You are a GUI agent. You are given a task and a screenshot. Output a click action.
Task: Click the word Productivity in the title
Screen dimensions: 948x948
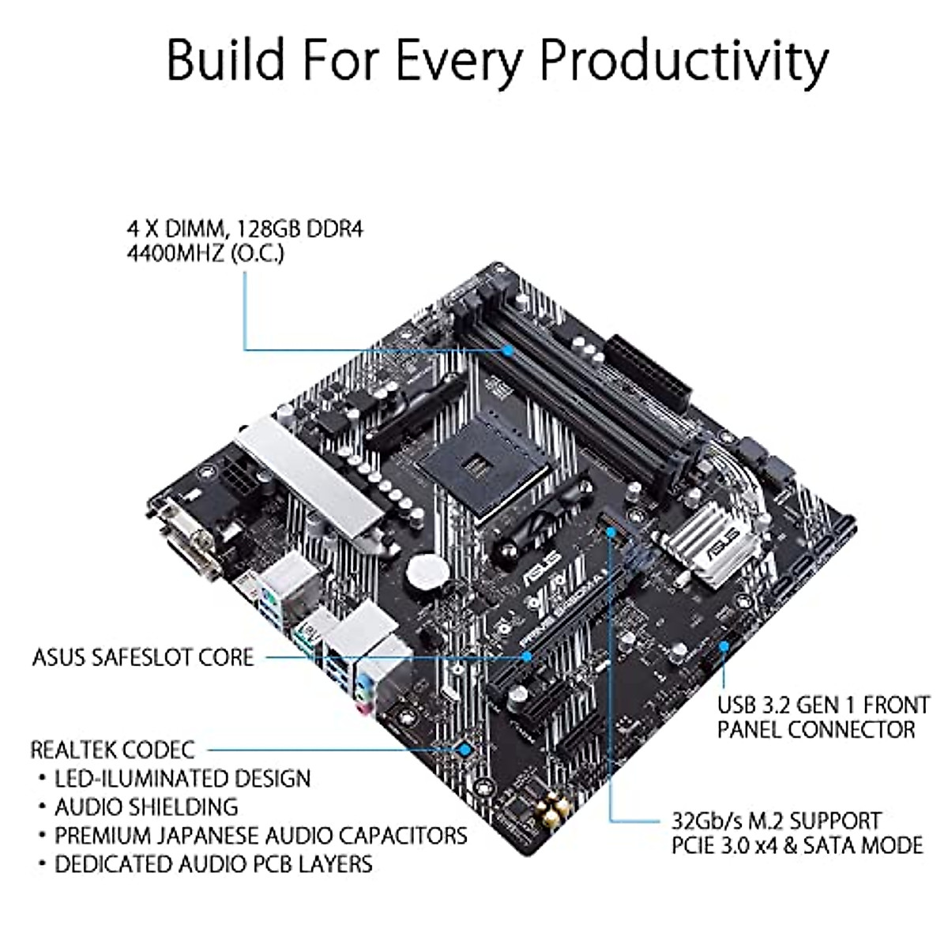coord(684,59)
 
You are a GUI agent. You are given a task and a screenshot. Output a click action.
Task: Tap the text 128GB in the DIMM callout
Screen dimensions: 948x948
coord(279,229)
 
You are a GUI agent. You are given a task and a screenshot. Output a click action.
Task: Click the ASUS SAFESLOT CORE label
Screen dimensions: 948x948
coord(143,657)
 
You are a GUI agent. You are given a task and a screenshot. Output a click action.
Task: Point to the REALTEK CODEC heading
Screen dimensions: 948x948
coord(112,749)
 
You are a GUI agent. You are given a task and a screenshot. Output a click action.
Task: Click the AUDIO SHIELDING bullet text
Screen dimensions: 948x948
coord(146,807)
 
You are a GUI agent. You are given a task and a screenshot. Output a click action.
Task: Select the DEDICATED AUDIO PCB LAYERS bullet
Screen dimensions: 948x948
coord(213,863)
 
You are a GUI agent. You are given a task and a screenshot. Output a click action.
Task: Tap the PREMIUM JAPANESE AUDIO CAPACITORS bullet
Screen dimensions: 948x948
coord(261,835)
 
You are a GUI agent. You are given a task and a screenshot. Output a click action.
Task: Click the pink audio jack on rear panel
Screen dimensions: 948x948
coord(366,708)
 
